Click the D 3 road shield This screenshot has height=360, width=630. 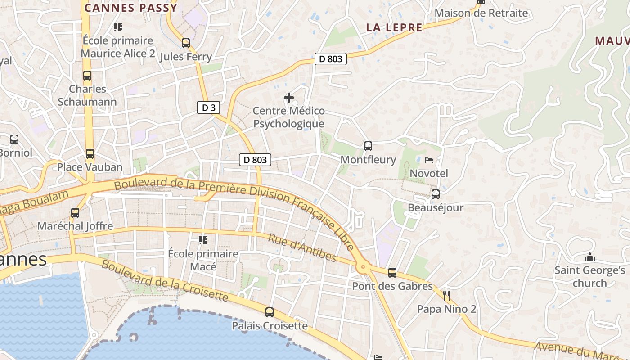pos(208,108)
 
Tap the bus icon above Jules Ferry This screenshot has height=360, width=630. pos(185,43)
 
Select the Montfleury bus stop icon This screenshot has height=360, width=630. pos(368,146)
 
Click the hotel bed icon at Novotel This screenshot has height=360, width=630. pos(429,160)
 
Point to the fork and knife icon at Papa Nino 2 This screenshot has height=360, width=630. pos(446,296)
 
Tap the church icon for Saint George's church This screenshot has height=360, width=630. pos(589,257)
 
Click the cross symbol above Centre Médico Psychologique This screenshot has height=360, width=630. pos(289,97)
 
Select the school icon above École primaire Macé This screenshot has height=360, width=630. pos(203,240)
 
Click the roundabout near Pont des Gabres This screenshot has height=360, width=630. pos(364,267)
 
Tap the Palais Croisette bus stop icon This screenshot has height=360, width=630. pos(270,312)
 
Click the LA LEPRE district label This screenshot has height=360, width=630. pos(394,27)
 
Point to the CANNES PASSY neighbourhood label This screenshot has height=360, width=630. pos(131,8)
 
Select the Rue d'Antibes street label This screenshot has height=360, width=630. pos(302,247)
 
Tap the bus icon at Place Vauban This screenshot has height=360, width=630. pos(90,154)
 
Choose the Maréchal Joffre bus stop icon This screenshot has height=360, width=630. pos(75,212)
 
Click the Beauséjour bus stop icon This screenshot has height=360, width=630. pos(435,194)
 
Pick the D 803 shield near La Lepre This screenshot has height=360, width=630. pos(331,58)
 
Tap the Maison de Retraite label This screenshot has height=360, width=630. pos(481,13)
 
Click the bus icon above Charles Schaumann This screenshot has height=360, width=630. pos(87,76)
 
